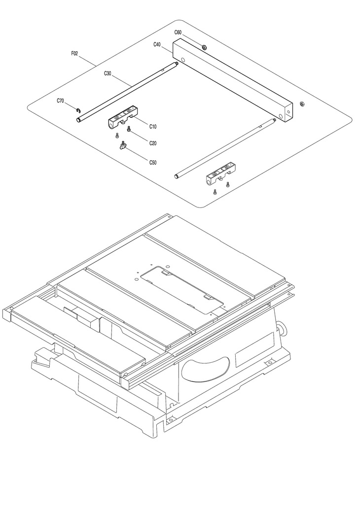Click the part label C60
[x=178, y=32]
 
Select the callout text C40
[x=157, y=44]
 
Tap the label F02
[x=75, y=53]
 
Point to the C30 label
[x=108, y=73]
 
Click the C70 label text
[x=60, y=101]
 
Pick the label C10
[x=153, y=126]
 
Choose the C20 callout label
[x=153, y=143]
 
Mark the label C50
[x=153, y=162]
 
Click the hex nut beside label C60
[x=204, y=47]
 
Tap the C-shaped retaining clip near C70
[x=78, y=110]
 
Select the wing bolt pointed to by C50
[x=123, y=145]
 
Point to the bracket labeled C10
[x=123, y=117]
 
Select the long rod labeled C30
[x=127, y=92]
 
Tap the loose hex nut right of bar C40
[x=300, y=104]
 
